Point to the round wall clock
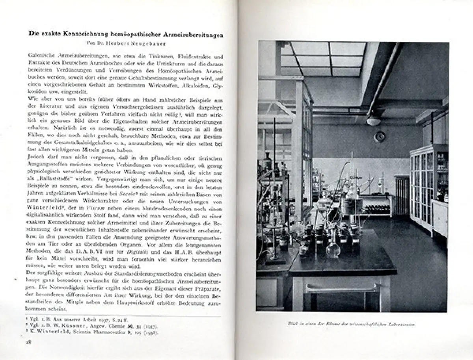380,136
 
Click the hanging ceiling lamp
373,121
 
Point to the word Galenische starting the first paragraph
43,57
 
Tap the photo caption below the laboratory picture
352,325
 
